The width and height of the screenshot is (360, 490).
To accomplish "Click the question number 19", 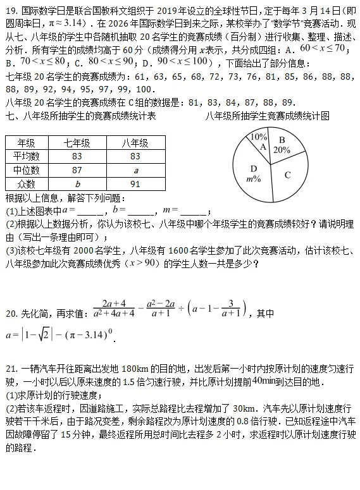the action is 11,11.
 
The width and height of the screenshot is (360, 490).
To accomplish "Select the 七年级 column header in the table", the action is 77,143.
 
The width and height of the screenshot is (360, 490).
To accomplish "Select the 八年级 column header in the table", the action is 135,143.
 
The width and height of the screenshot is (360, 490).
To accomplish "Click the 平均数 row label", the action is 26,156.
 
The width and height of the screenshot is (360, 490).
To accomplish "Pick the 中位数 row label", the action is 26,170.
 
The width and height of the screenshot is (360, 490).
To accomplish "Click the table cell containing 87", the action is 77,170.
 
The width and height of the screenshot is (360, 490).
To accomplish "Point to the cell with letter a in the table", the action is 135,170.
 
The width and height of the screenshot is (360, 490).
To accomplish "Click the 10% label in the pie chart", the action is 259,137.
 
